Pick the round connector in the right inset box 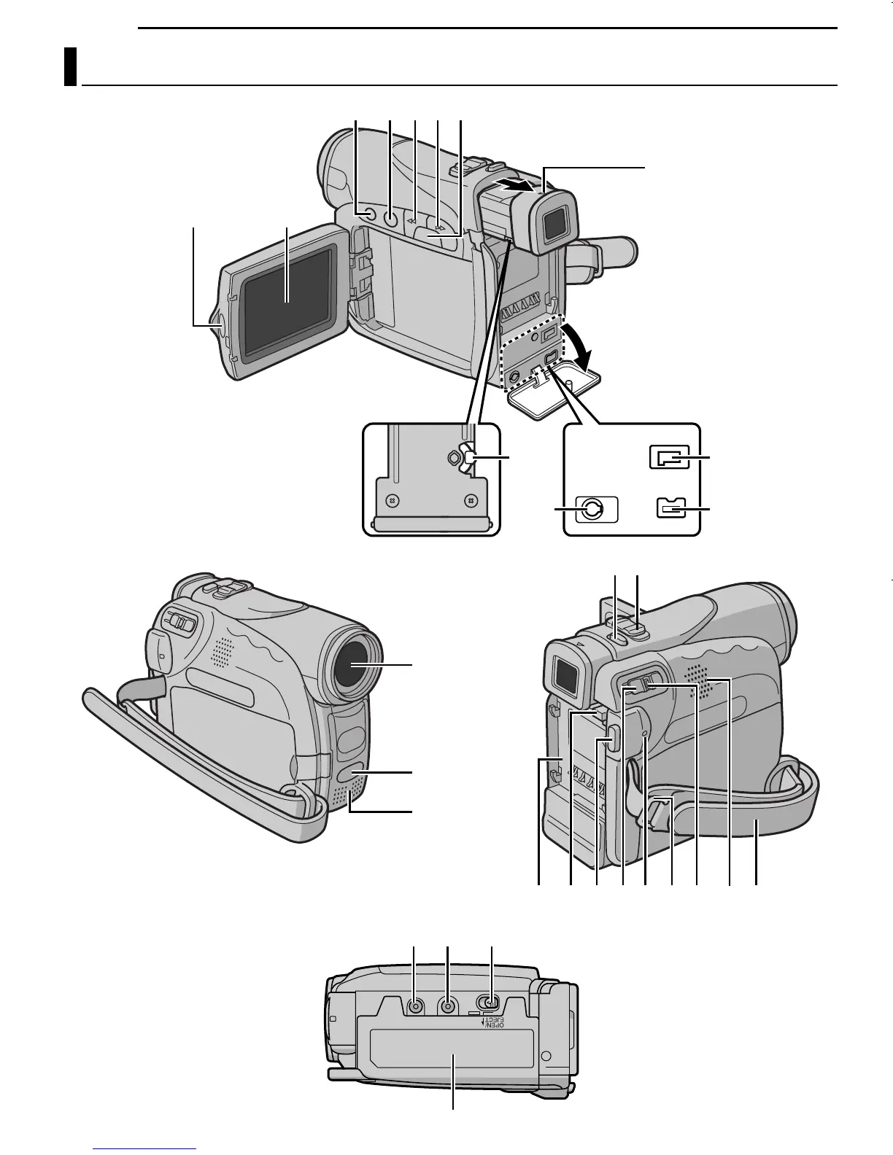click(x=592, y=509)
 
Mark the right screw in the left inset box click(x=471, y=501)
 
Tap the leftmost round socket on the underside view click(x=415, y=1006)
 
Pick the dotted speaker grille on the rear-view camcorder click(x=701, y=682)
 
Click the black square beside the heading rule click(x=70, y=66)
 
